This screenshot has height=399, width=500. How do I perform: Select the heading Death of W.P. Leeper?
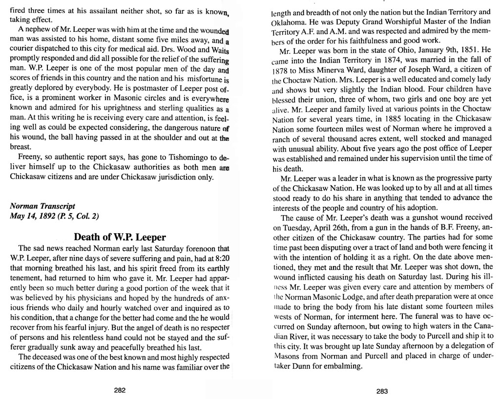click(x=120, y=238)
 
